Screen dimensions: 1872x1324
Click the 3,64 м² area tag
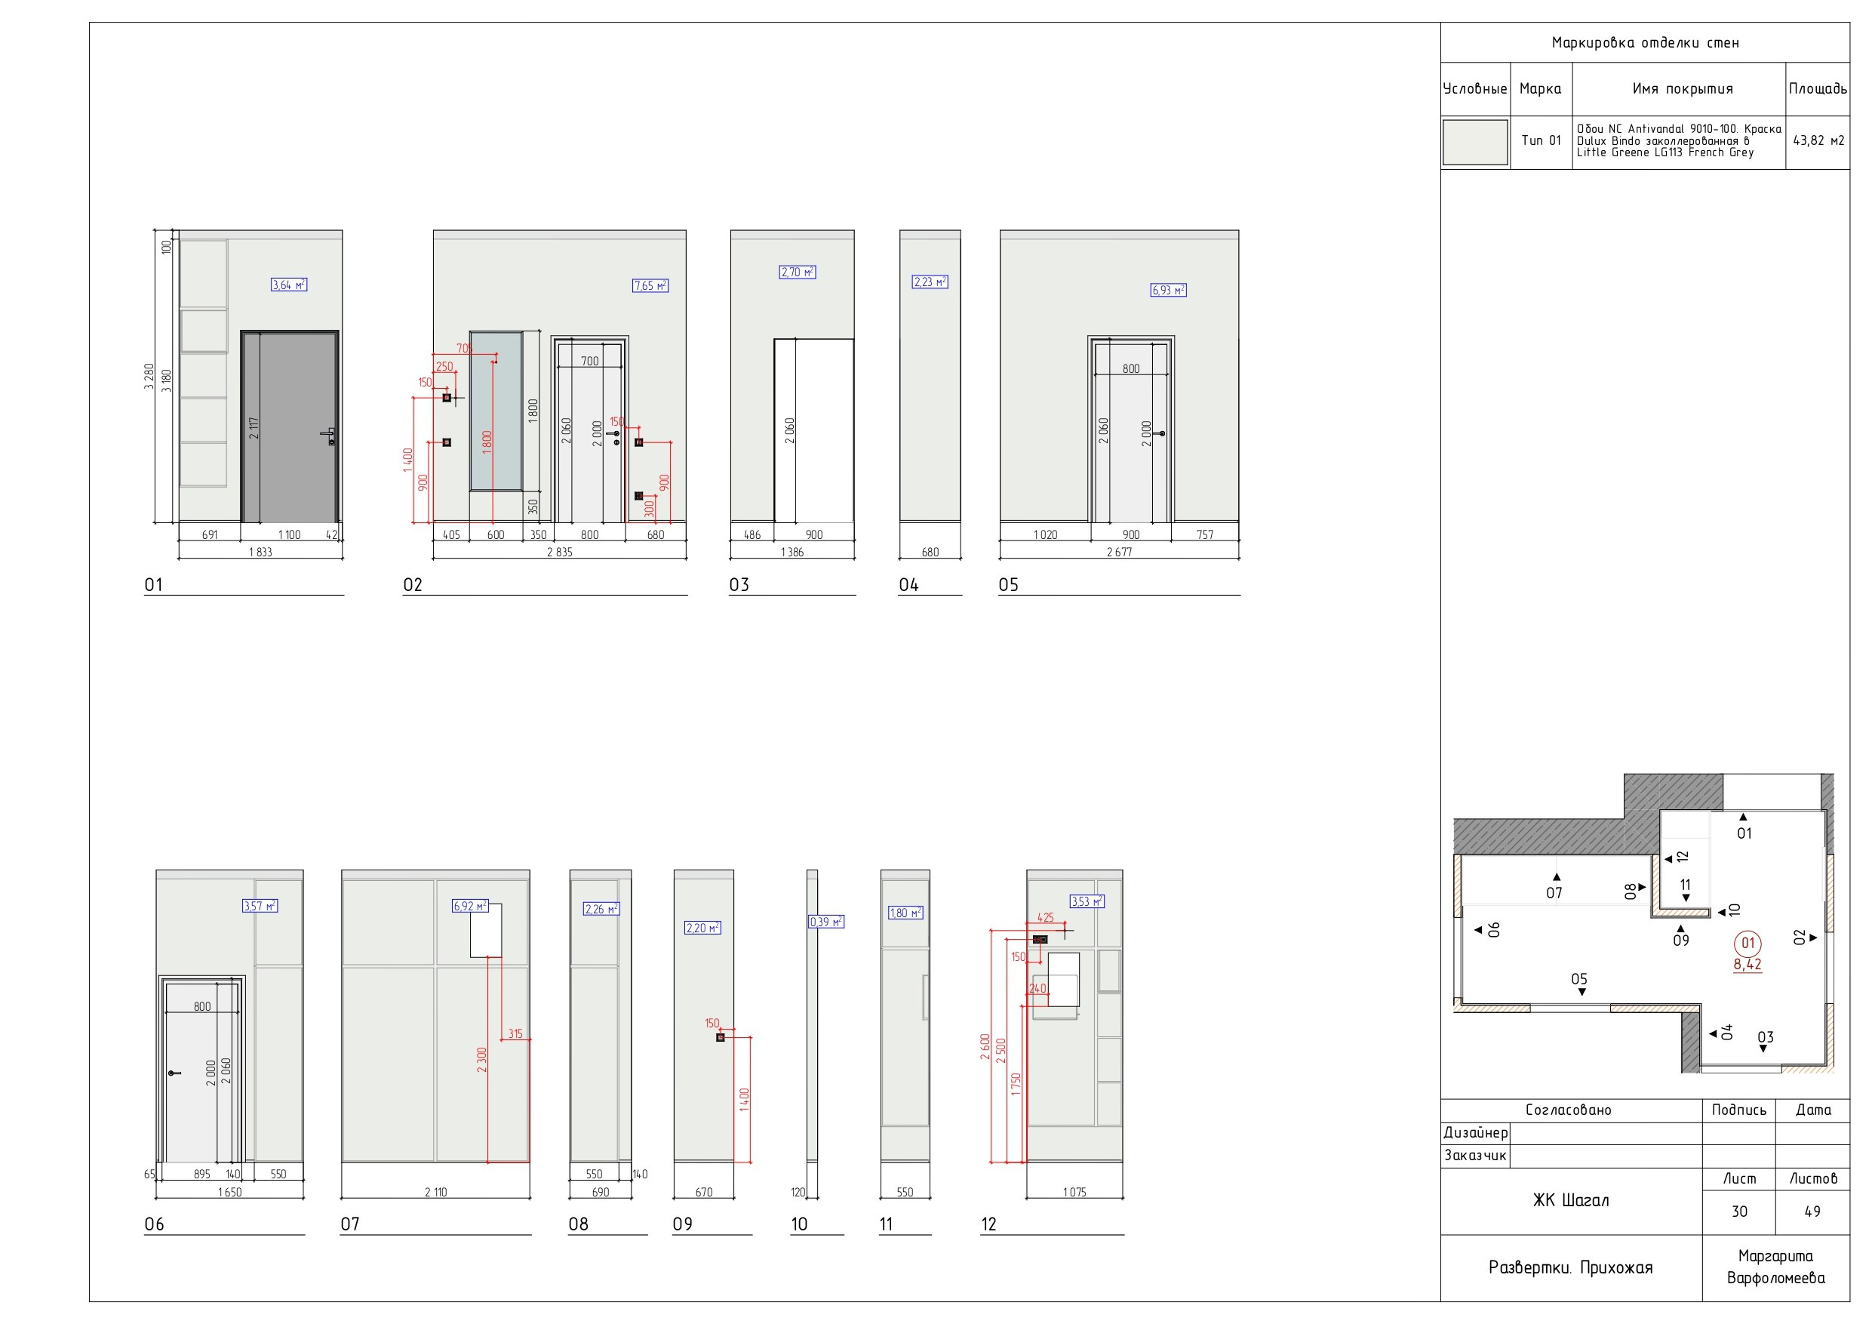[289, 285]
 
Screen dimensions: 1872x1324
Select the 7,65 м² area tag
[650, 285]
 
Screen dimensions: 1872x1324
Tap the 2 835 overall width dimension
[559, 553]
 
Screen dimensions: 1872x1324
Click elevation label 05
[1009, 585]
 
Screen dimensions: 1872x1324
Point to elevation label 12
[989, 1224]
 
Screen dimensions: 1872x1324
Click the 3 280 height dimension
[149, 376]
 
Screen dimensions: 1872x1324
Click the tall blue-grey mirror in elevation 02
[496, 411]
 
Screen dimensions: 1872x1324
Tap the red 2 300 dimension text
[482, 1060]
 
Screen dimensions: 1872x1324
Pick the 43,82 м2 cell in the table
[1818, 141]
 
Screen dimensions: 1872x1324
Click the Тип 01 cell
[1541, 140]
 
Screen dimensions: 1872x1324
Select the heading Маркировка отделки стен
[1646, 42]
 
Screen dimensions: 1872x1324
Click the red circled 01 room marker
[1748, 944]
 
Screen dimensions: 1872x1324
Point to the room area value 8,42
[1748, 964]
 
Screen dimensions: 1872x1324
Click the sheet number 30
[1739, 1212]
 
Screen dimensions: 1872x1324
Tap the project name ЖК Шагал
[1571, 1200]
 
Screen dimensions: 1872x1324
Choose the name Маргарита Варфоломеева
[1775, 1267]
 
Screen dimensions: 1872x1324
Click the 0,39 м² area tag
[826, 922]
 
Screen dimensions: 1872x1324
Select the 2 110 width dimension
[435, 1193]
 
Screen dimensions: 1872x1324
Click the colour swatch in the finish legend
[1475, 142]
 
